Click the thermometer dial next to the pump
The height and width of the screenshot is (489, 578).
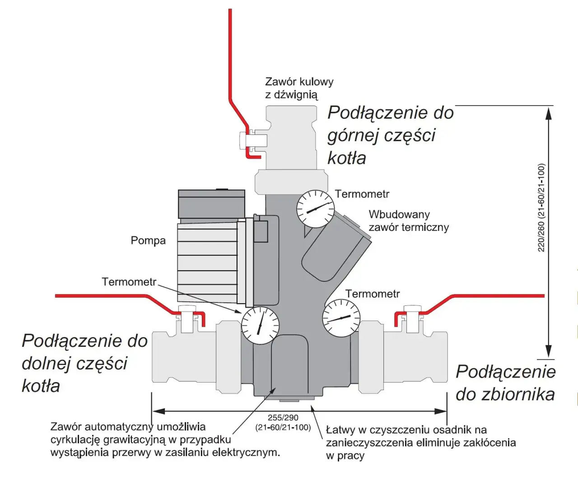point(260,325)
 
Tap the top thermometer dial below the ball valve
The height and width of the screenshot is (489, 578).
point(315,209)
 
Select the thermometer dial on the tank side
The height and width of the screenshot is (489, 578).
point(341,318)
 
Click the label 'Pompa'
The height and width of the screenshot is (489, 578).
point(148,240)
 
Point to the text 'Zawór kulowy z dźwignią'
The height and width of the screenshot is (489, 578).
point(298,88)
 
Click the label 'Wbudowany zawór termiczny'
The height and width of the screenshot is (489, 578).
point(408,221)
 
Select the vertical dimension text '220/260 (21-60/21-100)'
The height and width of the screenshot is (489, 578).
point(541,208)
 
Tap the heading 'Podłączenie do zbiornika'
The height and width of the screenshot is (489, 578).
point(505,383)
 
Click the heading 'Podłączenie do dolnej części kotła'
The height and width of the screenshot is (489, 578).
point(84,363)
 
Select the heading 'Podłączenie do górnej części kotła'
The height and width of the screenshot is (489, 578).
point(390,135)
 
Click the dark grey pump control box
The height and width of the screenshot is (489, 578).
point(211,204)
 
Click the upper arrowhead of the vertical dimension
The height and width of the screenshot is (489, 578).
point(549,113)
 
